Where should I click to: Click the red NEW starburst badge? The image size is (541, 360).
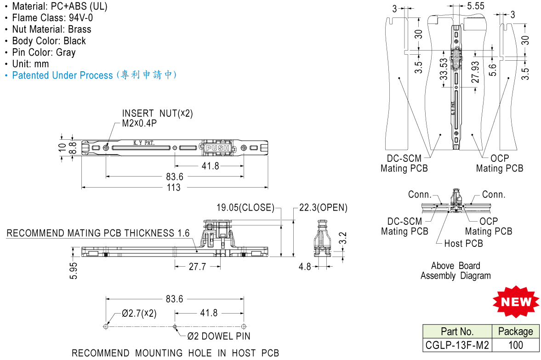(x=515, y=302)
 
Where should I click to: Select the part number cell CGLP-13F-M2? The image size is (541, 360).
(x=457, y=345)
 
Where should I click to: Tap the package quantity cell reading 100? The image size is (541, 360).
(x=516, y=345)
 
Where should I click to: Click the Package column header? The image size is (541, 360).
(x=516, y=331)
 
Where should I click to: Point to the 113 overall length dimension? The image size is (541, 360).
(x=173, y=188)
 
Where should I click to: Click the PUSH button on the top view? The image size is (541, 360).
(x=217, y=148)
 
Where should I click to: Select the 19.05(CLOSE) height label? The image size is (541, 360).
(x=245, y=208)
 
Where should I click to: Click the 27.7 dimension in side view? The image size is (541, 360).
(x=197, y=266)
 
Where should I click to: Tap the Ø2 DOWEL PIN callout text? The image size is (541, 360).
(x=219, y=337)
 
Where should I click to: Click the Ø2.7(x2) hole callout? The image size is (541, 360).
(x=139, y=314)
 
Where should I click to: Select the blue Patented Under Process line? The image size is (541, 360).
(x=94, y=75)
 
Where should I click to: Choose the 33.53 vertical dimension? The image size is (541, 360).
(x=443, y=69)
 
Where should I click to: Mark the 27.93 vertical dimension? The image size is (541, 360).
(x=475, y=72)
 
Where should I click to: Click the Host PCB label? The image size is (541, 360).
(x=463, y=244)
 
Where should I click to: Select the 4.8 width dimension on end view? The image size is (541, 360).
(x=305, y=266)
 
